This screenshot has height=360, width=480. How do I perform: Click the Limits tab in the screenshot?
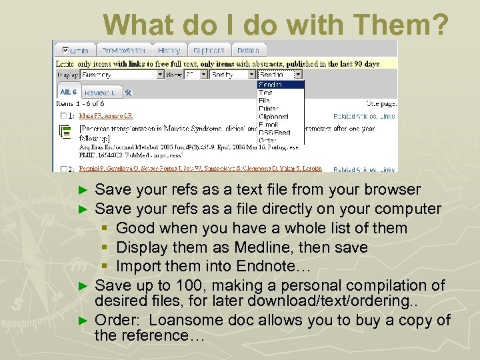click(75, 50)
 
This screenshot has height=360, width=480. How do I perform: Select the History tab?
click(169, 50)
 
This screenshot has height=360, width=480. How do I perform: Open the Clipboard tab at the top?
click(209, 50)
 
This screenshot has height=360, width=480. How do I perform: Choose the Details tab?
click(248, 50)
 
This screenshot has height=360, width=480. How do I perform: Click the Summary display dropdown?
click(122, 75)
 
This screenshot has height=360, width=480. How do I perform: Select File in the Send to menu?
click(265, 101)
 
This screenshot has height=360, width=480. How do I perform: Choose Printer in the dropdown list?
click(269, 109)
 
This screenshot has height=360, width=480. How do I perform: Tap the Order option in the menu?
click(267, 141)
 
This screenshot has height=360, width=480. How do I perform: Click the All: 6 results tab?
click(69, 92)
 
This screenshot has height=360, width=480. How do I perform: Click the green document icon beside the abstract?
click(65, 133)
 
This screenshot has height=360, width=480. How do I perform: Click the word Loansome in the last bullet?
click(181, 321)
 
